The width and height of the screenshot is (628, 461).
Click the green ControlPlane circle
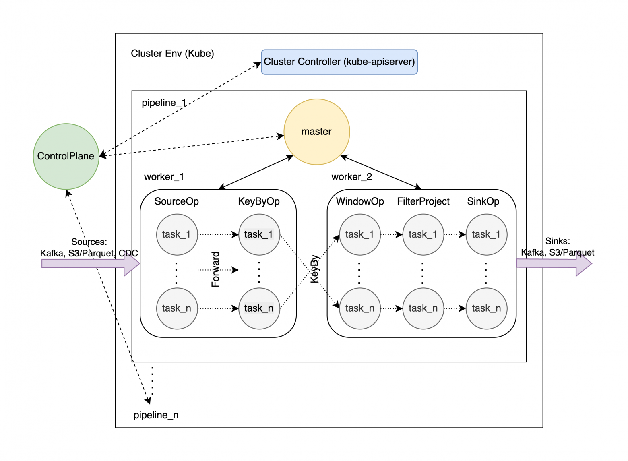pyautogui.click(x=66, y=156)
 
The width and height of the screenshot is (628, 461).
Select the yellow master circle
pyautogui.click(x=316, y=132)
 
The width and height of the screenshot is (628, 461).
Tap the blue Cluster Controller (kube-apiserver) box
pyautogui.click(x=339, y=62)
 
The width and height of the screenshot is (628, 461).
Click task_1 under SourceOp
pyautogui.click(x=177, y=234)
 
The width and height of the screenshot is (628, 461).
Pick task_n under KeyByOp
pyautogui.click(x=259, y=308)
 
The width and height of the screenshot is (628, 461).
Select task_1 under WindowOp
pyautogui.click(x=359, y=234)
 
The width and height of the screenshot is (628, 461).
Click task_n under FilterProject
pyautogui.click(x=423, y=308)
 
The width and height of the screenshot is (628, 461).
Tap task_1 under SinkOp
pyautogui.click(x=486, y=234)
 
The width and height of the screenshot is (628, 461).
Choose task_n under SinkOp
pyautogui.click(x=486, y=308)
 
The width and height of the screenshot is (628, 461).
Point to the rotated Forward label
pyautogui.click(x=215, y=269)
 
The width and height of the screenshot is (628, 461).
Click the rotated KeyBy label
pyautogui.click(x=314, y=269)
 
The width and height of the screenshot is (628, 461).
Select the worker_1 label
pyautogui.click(x=164, y=177)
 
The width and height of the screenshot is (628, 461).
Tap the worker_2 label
pyautogui.click(x=351, y=177)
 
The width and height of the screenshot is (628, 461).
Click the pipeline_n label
pyautogui.click(x=156, y=415)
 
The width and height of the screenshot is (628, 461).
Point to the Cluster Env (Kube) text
pyautogui.click(x=172, y=54)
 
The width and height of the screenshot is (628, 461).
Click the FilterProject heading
pyautogui.click(x=423, y=201)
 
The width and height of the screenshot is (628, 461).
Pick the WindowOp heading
pyautogui.click(x=360, y=201)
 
